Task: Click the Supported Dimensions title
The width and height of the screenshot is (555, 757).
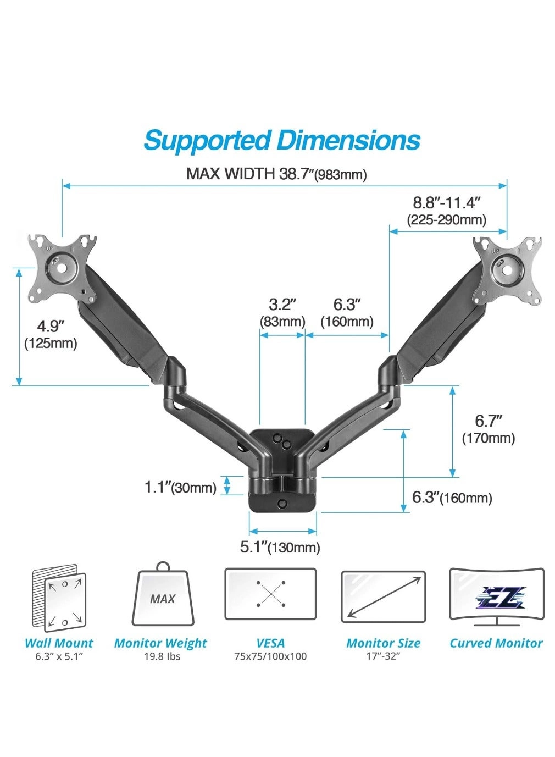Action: pos(281,140)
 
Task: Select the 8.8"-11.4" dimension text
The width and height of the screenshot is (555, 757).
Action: pos(447,202)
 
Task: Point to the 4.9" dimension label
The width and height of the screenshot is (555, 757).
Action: pos(49,327)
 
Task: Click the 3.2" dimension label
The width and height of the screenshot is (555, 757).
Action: pos(282,304)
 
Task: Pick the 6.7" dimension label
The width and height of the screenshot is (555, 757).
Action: pos(489,421)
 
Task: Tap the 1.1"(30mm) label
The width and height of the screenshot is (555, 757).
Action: pos(180,487)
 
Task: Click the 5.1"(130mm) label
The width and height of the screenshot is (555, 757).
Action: pos(280,547)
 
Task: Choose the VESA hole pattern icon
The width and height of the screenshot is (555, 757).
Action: pos(270,594)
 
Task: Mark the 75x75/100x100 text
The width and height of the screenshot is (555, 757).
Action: pos(270,656)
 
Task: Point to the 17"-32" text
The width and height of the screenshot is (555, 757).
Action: pos(383,656)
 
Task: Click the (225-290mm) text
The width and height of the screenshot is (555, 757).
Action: pos(446,220)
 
